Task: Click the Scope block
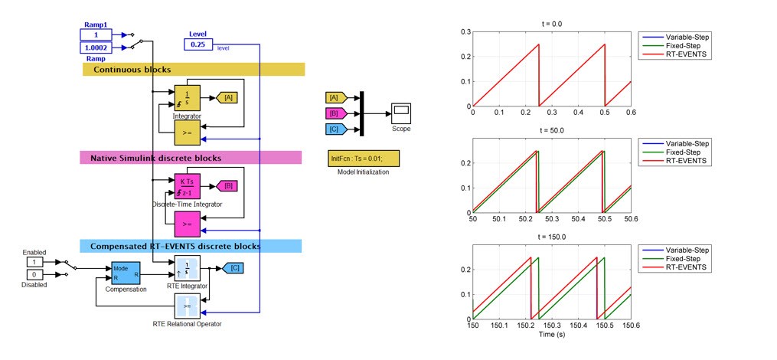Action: [x=401, y=113]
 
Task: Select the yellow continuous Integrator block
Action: [x=187, y=97]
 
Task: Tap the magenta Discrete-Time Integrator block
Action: [x=187, y=186]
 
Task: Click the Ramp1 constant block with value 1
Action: [x=96, y=34]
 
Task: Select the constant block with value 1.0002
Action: [x=96, y=48]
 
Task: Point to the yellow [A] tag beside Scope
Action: [x=335, y=98]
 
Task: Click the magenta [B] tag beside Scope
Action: [x=335, y=113]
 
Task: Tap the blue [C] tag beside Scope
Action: [x=335, y=129]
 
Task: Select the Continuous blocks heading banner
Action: [x=193, y=70]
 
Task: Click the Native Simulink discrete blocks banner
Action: [x=191, y=158]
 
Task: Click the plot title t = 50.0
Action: [x=550, y=131]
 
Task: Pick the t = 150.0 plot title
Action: [x=550, y=237]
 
